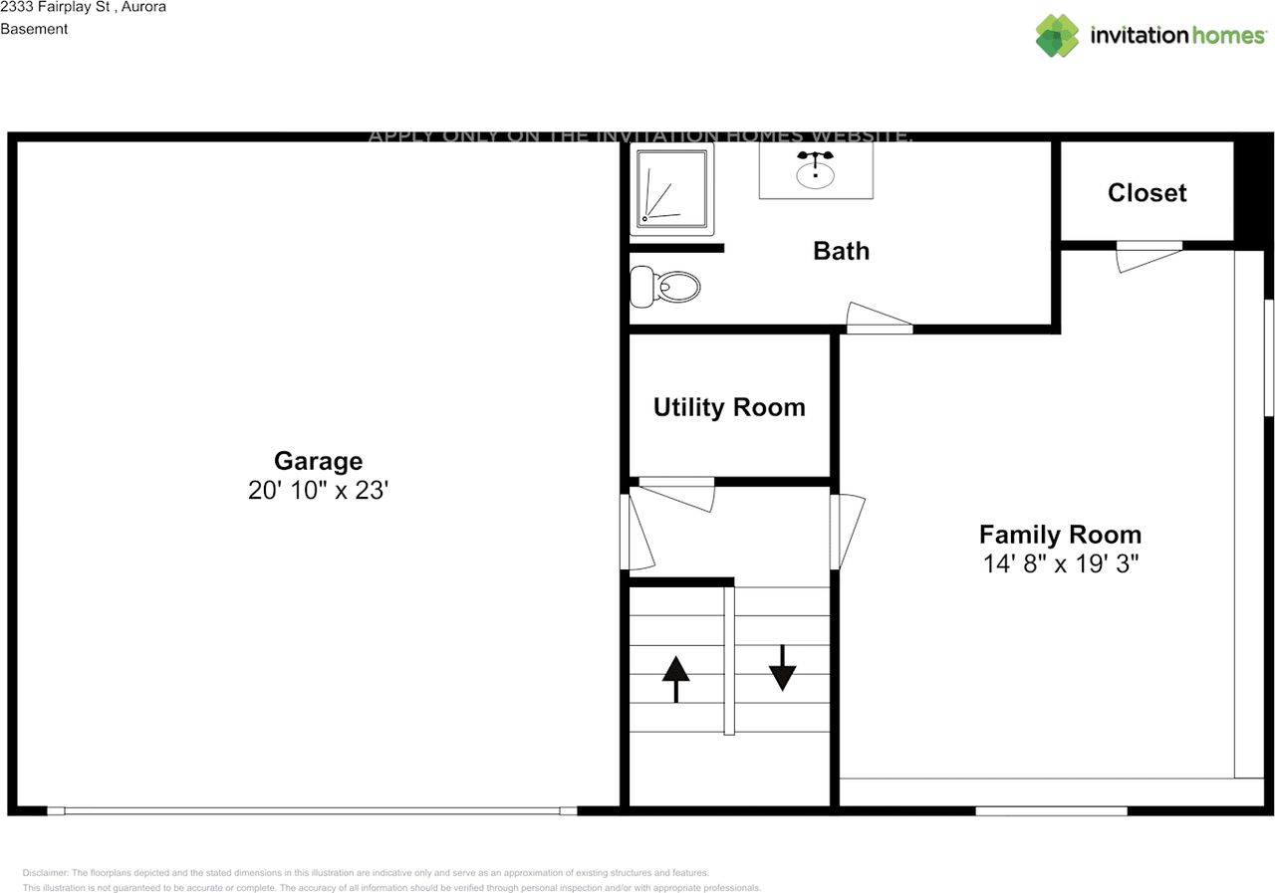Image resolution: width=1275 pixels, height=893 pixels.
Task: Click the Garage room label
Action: coord(318,461)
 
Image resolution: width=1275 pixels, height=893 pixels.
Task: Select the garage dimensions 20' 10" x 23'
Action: coord(318,491)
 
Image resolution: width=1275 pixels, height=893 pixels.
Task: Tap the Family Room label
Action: coord(1060,534)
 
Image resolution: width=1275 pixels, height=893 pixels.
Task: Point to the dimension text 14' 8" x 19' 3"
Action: coord(1060,564)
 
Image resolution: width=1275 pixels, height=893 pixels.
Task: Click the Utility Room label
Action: coord(729,407)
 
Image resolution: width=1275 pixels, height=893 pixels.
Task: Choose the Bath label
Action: coord(841,251)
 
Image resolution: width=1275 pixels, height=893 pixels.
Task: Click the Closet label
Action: coord(1147,193)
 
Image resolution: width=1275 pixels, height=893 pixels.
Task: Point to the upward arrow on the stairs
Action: coord(676,679)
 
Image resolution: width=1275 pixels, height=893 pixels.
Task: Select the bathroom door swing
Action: coord(879,317)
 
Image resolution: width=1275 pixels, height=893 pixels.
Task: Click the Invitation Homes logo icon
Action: coord(1057,36)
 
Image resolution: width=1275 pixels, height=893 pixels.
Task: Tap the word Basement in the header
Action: coord(34,29)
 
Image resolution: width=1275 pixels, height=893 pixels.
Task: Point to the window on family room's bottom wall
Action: coord(1051,811)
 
